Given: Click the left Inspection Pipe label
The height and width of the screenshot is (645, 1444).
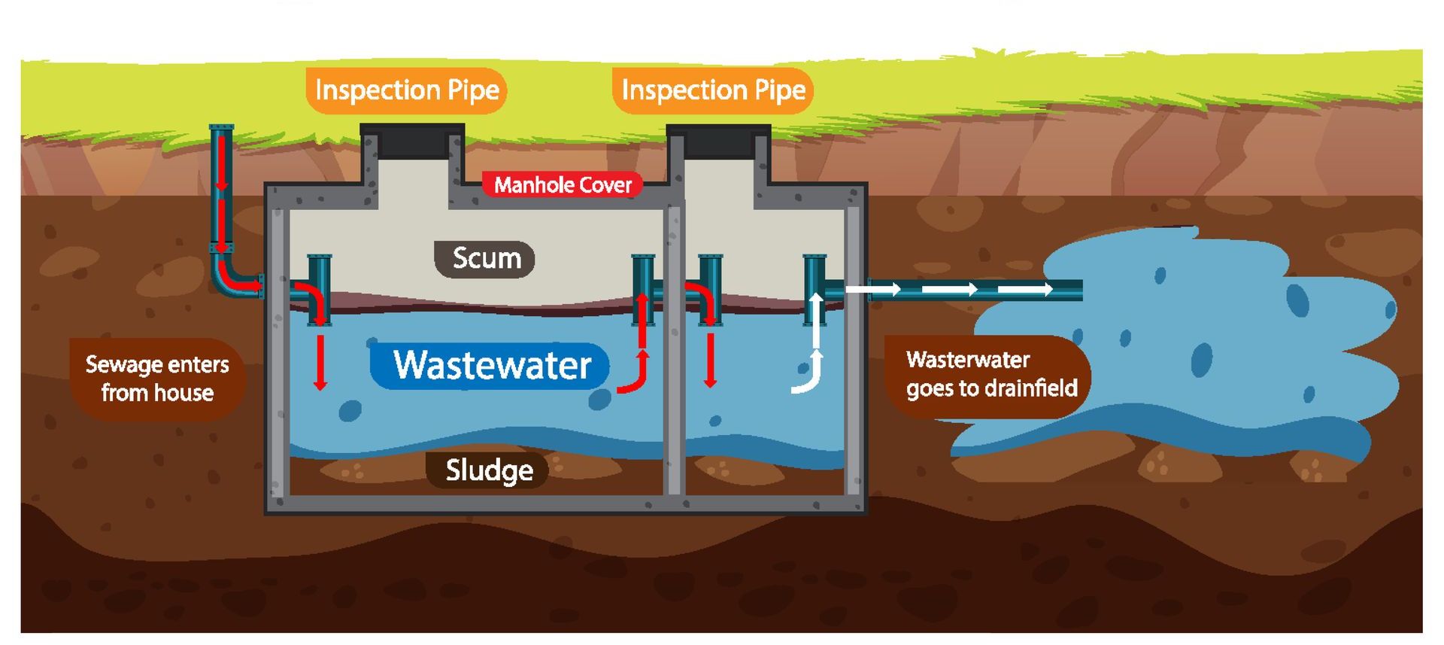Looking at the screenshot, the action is pos(407,90).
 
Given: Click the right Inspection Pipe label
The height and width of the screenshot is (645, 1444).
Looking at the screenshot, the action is pos(713,90).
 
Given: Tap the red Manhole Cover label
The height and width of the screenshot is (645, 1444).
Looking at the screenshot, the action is pos(563,185).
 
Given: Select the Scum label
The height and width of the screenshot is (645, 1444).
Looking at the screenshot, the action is pos(485,259).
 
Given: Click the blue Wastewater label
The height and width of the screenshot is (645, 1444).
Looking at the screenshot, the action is pos(490,366).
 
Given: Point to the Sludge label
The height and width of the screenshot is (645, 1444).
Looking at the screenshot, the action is pos(488,470).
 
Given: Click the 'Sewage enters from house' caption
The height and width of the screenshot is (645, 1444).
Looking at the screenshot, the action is pos(156,379).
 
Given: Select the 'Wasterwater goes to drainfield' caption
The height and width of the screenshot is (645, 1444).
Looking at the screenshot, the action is pos(990,374).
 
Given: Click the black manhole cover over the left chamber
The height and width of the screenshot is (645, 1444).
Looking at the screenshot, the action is pos(412,141).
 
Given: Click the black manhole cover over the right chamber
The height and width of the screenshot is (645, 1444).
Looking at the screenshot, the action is pos(718,141).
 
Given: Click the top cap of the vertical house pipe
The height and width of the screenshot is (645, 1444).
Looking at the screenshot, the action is pos(221,129).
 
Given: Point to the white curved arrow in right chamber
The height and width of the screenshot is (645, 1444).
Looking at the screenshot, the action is pos(811,373).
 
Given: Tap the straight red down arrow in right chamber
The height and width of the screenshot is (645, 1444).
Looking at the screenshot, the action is pos(709,361).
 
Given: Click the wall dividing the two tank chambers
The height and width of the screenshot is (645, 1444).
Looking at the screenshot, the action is pos(674,354).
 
